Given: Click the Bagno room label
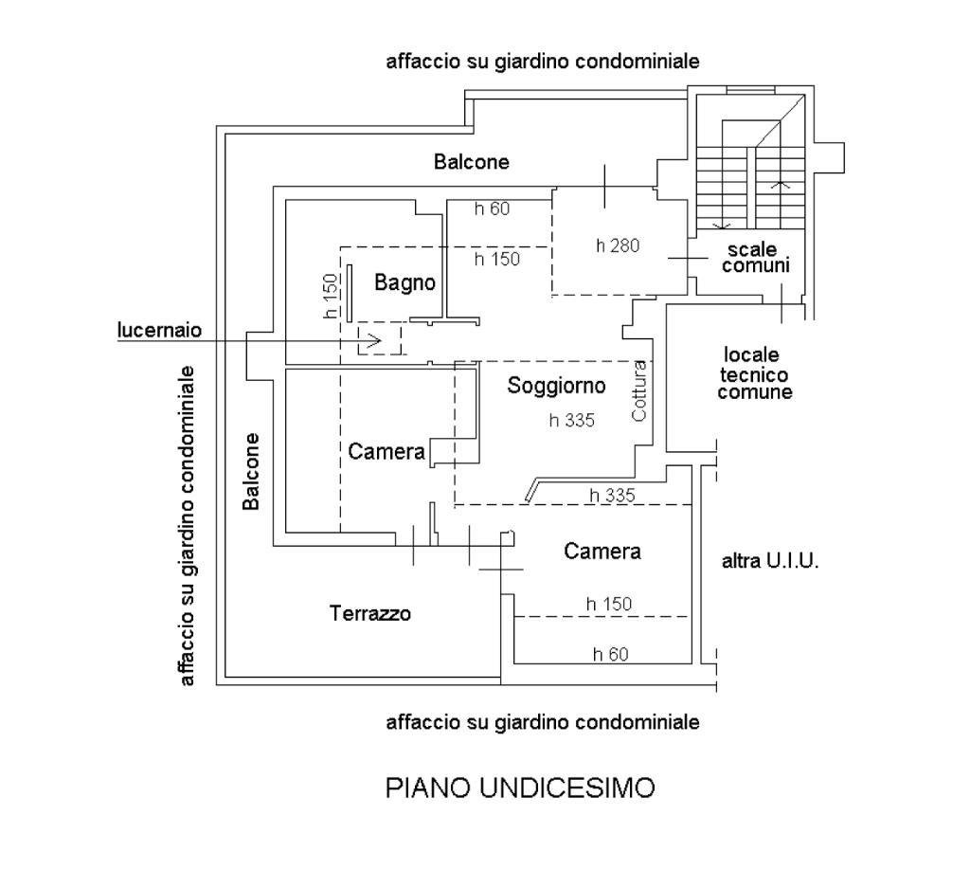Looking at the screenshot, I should click(x=404, y=282).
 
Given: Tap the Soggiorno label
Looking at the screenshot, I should click(x=556, y=386).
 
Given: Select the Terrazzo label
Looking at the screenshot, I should click(x=370, y=613).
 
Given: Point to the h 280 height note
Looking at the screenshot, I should click(x=618, y=245).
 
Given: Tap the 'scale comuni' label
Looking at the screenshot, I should click(x=755, y=258).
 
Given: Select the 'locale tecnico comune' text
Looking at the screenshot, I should click(x=754, y=372).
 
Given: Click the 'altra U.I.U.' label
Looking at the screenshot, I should click(x=770, y=561).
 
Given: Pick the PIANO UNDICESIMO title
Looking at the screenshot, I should click(x=519, y=788).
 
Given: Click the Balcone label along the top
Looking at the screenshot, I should click(x=471, y=162).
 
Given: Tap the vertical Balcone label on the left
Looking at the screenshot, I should click(x=251, y=471).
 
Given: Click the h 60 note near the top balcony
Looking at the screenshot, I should click(x=493, y=208).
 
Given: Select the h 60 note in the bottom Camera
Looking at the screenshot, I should click(x=610, y=653).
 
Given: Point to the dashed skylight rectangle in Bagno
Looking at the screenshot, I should click(x=379, y=338).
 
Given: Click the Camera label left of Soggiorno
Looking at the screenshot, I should click(x=386, y=452).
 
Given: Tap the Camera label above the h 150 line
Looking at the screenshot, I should click(x=602, y=551).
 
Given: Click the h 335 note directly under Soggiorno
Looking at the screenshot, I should click(x=571, y=421).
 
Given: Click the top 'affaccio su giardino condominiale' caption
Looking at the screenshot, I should click(x=543, y=63).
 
